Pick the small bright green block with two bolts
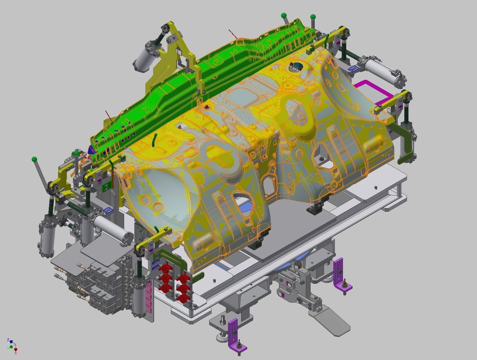point(106,187)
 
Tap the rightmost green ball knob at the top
point(313,16)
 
